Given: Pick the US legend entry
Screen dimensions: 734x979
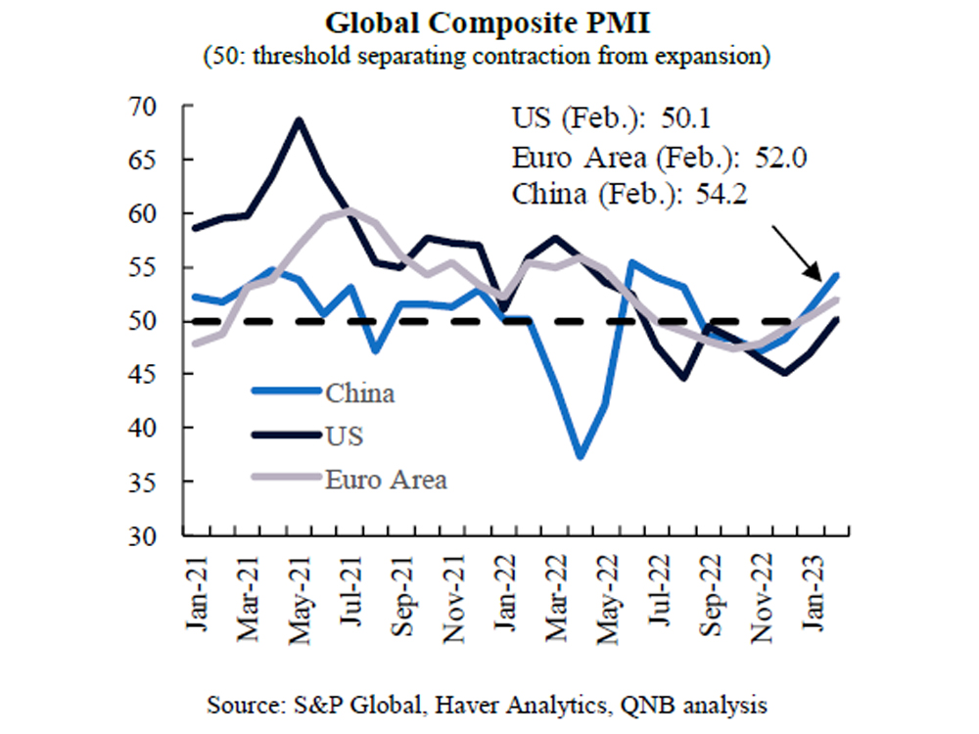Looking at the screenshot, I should [x=343, y=436].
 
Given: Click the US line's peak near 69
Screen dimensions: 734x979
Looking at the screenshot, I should [x=299, y=119].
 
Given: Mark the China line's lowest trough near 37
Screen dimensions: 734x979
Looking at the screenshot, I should [x=581, y=457].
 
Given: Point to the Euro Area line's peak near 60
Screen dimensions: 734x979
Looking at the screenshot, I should [x=350, y=210].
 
